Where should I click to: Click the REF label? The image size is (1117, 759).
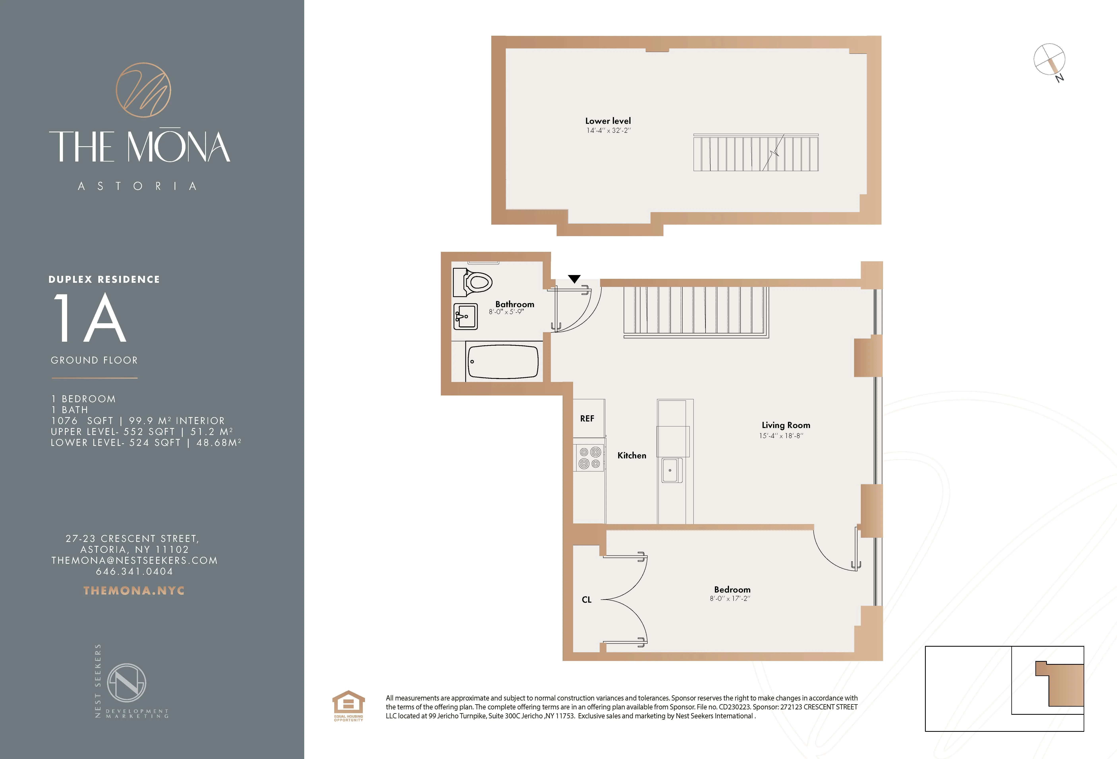(x=587, y=418)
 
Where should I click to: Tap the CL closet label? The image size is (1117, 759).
(x=586, y=599)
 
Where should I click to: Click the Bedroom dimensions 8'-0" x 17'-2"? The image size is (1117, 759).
(x=730, y=598)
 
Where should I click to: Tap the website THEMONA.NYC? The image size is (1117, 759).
(x=134, y=590)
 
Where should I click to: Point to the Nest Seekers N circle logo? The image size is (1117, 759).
(x=126, y=683)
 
